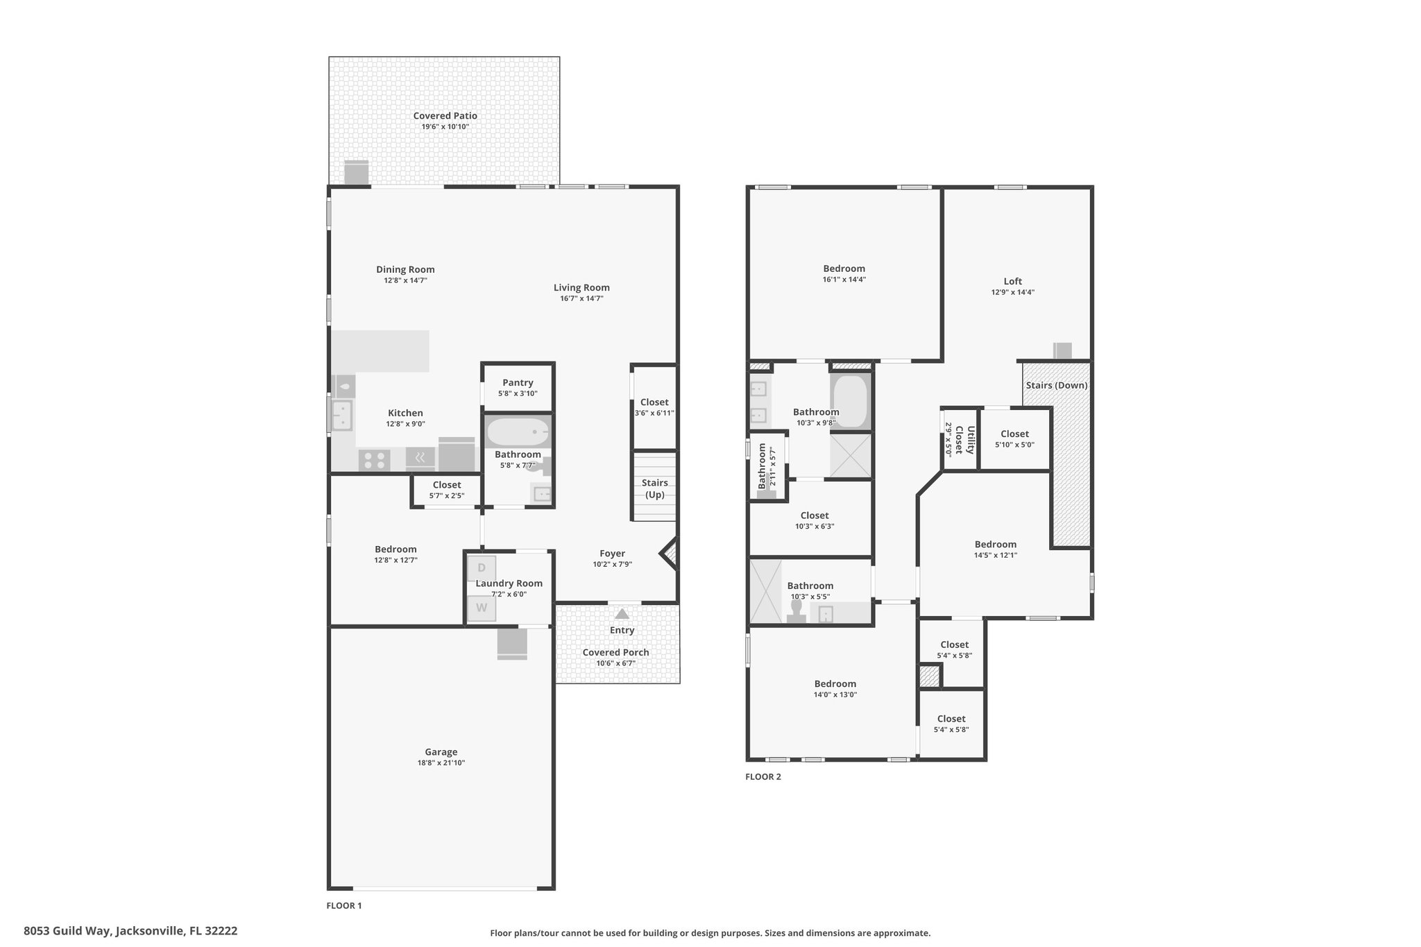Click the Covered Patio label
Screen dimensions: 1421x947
pyautogui.click(x=445, y=116)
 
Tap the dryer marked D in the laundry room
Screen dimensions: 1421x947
pyautogui.click(x=482, y=568)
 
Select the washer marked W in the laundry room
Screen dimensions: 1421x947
pyautogui.click(x=482, y=608)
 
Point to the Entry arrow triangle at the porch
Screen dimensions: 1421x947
pyautogui.click(x=622, y=614)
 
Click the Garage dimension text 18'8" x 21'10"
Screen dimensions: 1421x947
pyautogui.click(x=441, y=763)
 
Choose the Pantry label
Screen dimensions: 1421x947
pyautogui.click(x=518, y=383)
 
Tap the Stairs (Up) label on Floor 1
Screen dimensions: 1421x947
pyautogui.click(x=655, y=488)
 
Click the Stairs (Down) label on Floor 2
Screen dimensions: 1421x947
pyautogui.click(x=1057, y=385)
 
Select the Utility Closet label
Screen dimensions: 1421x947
pyautogui.click(x=965, y=440)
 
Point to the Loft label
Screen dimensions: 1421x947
pyautogui.click(x=1013, y=281)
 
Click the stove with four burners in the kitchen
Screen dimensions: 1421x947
pyautogui.click(x=375, y=460)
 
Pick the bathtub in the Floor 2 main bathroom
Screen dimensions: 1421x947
pyautogui.click(x=851, y=402)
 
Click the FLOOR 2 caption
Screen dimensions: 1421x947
pyautogui.click(x=763, y=777)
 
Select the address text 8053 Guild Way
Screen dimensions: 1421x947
pyautogui.click(x=67, y=931)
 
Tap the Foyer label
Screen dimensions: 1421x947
pyautogui.click(x=613, y=554)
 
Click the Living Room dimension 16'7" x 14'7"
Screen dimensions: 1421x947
pyautogui.click(x=582, y=298)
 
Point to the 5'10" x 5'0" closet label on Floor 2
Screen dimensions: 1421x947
pyautogui.click(x=1014, y=445)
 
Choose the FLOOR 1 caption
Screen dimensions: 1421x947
pyautogui.click(x=344, y=905)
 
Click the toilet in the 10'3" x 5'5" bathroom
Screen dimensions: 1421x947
pyautogui.click(x=797, y=611)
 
